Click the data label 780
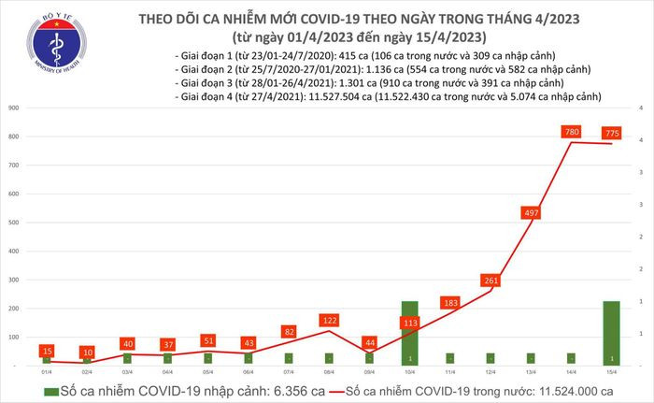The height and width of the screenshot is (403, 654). (572, 132)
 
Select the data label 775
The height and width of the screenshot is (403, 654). (612, 133)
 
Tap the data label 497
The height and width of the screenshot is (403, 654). (532, 213)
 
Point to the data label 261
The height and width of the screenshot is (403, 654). (490, 281)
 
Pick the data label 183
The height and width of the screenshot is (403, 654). (450, 302)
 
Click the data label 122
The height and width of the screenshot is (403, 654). (329, 321)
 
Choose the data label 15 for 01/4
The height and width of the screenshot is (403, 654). (46, 351)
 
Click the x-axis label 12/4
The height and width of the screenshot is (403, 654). (490, 371)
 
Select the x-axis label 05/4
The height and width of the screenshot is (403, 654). (206, 371)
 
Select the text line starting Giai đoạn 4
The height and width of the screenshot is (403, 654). (388, 96)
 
